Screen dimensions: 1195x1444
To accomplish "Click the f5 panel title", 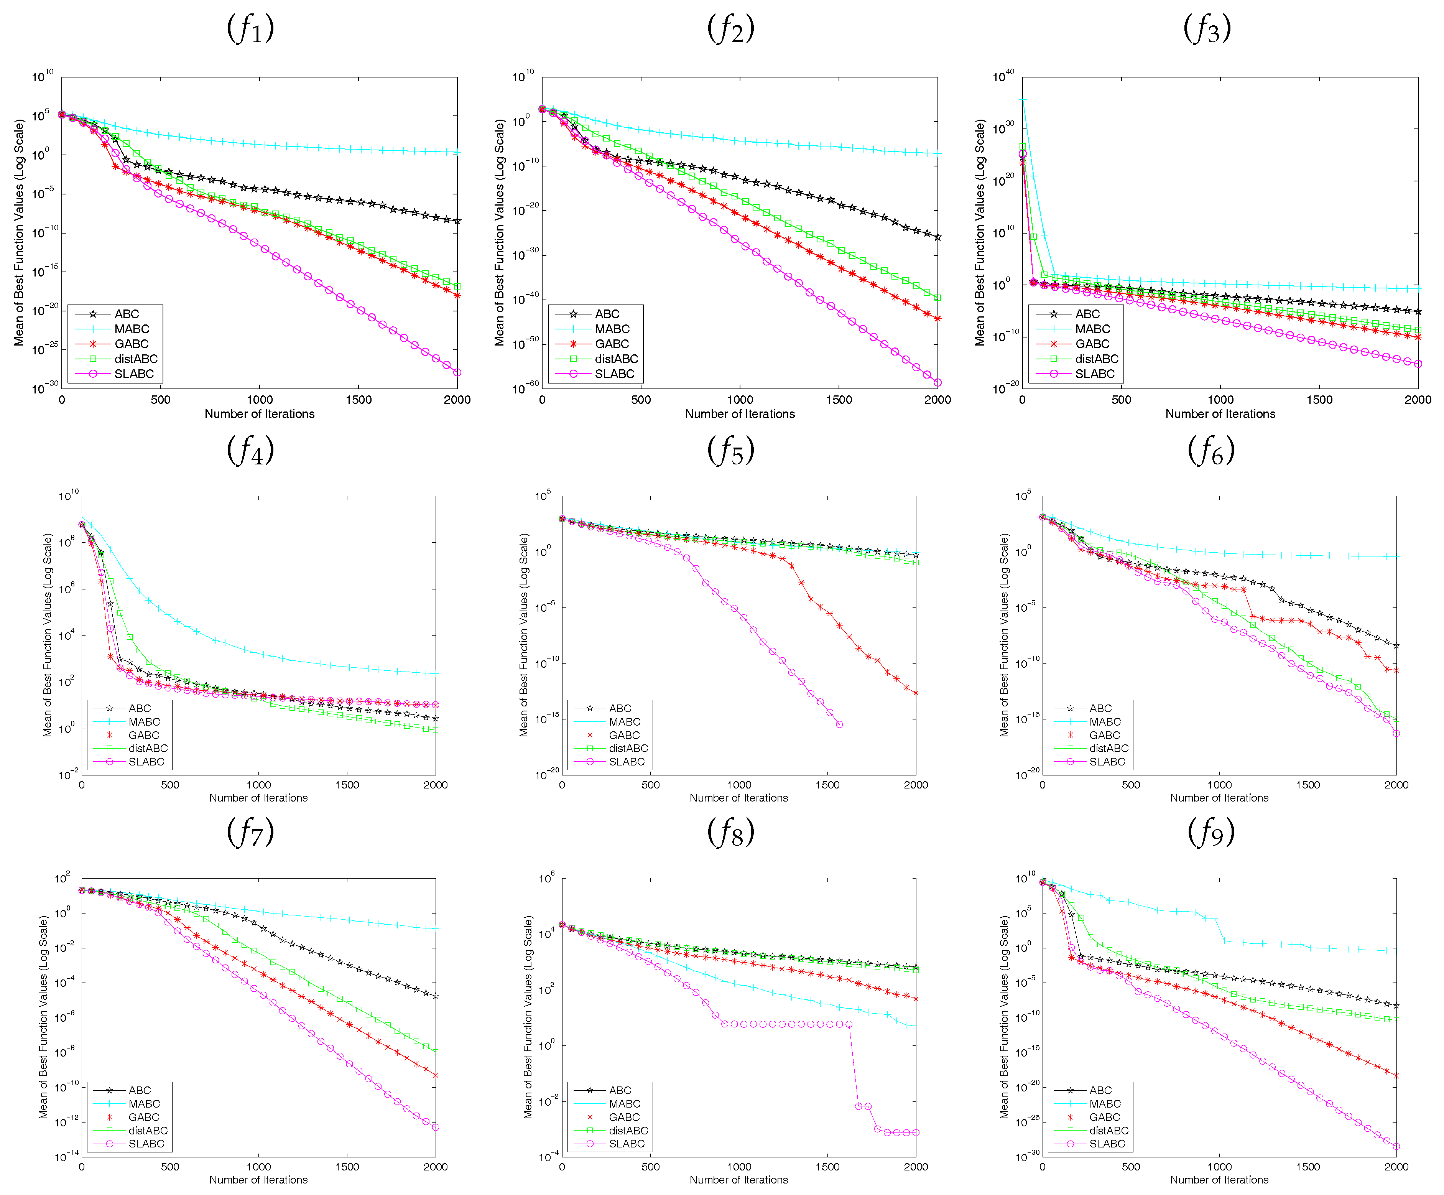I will coord(730,451).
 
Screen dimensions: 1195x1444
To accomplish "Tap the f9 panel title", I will coord(1211,833).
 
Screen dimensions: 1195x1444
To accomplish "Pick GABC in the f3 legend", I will coord(1092,344).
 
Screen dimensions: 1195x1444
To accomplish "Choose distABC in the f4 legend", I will coord(147,748).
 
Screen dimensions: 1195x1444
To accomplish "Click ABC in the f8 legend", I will coord(620,1090).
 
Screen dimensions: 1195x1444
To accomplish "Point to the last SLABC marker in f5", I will coord(839,724).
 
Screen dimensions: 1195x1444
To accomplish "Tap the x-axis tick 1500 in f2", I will coord(839,400).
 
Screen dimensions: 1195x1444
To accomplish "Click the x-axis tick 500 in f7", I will coord(170,1167).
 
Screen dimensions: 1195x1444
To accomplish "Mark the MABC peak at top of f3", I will coord(1023,100).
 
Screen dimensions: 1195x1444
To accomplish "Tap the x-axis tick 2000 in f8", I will coord(915,1167).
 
